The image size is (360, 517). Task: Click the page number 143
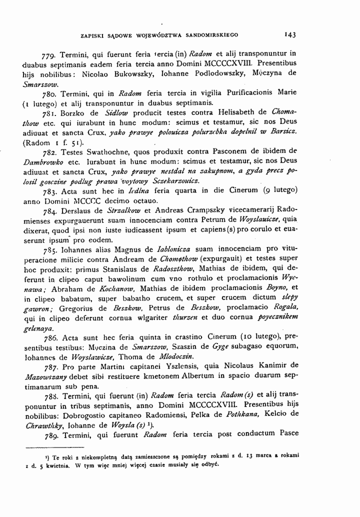[x=290, y=35]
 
